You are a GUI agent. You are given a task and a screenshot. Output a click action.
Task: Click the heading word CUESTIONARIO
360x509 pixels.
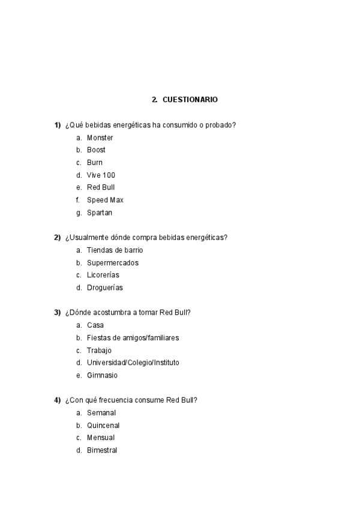[x=190, y=99]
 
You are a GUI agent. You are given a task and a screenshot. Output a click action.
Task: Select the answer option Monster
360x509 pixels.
[x=100, y=137]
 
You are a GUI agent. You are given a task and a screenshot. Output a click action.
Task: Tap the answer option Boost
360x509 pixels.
[x=96, y=150]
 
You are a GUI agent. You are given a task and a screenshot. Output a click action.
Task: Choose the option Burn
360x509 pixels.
[x=95, y=163]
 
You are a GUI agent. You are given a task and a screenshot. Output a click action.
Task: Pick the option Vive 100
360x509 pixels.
[x=101, y=175]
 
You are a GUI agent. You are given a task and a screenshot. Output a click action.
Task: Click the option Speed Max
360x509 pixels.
[x=105, y=200]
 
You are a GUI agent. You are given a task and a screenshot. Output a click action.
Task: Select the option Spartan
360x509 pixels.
[x=99, y=212]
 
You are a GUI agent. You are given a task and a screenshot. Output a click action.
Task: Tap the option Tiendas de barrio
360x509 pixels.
[x=115, y=250]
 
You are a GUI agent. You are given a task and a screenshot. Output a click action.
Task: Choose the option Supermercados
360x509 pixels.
[x=112, y=263]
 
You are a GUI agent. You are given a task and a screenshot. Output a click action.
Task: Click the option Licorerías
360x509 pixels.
[x=103, y=275]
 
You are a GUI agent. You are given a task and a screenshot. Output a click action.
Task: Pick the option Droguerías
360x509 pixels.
[x=104, y=288]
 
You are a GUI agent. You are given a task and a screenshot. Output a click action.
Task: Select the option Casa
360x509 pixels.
[x=95, y=325]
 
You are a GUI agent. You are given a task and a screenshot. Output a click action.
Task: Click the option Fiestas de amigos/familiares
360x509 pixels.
[x=133, y=338]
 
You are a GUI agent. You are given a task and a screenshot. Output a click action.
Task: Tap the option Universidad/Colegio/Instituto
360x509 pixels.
[x=133, y=363]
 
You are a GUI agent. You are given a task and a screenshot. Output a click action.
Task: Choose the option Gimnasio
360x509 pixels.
[x=102, y=375]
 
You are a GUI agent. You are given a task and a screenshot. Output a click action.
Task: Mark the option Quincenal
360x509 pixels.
[x=103, y=426]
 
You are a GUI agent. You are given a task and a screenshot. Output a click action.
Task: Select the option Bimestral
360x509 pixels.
[x=102, y=450]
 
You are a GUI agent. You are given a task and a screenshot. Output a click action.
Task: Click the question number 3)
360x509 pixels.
[x=58, y=313]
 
